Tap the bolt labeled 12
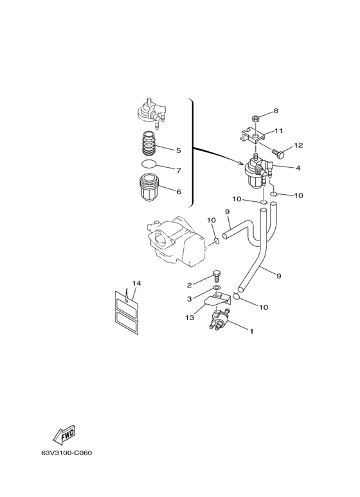[x=278, y=154]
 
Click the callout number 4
[x=298, y=168]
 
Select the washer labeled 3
[x=216, y=288]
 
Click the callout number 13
[x=190, y=318]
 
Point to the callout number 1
[x=251, y=332]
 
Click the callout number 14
[x=136, y=284]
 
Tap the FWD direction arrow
[x=64, y=433]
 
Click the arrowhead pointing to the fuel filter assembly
[x=242, y=163]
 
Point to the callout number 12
[x=298, y=145]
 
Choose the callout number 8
[x=276, y=111]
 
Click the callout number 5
[x=179, y=150]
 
